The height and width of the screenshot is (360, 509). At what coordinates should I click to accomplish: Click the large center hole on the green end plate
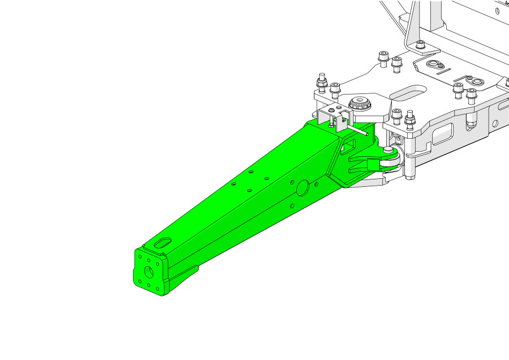pos(149,272)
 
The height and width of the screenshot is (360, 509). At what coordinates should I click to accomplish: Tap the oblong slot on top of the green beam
pos(161,242)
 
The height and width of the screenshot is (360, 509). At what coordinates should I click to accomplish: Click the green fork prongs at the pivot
pos(362,164)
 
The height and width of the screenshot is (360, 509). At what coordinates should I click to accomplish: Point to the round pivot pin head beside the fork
pos(388,151)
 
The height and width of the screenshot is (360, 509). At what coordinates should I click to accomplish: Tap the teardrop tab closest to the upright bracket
pos(434,65)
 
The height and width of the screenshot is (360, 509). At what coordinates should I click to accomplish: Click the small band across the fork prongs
pos(374,165)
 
